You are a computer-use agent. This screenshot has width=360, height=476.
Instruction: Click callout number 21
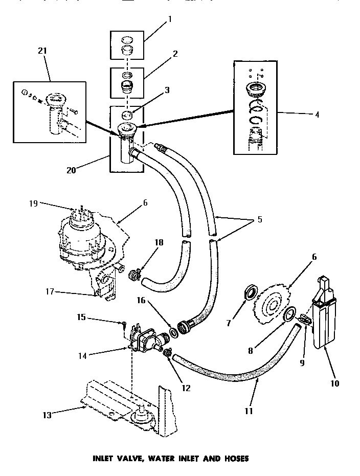point(42,51)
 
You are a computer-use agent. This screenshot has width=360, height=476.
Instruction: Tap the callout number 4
point(317,115)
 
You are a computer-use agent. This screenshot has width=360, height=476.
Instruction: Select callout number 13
point(47,415)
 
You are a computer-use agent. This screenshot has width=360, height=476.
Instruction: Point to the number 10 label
point(334,383)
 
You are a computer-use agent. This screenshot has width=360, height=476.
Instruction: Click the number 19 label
point(33,203)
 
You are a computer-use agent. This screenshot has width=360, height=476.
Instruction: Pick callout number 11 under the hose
point(249,411)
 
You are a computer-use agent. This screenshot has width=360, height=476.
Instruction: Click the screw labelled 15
point(124,325)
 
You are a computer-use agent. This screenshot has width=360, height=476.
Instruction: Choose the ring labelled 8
point(289,314)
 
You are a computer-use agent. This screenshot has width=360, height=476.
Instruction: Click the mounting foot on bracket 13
point(141,415)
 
